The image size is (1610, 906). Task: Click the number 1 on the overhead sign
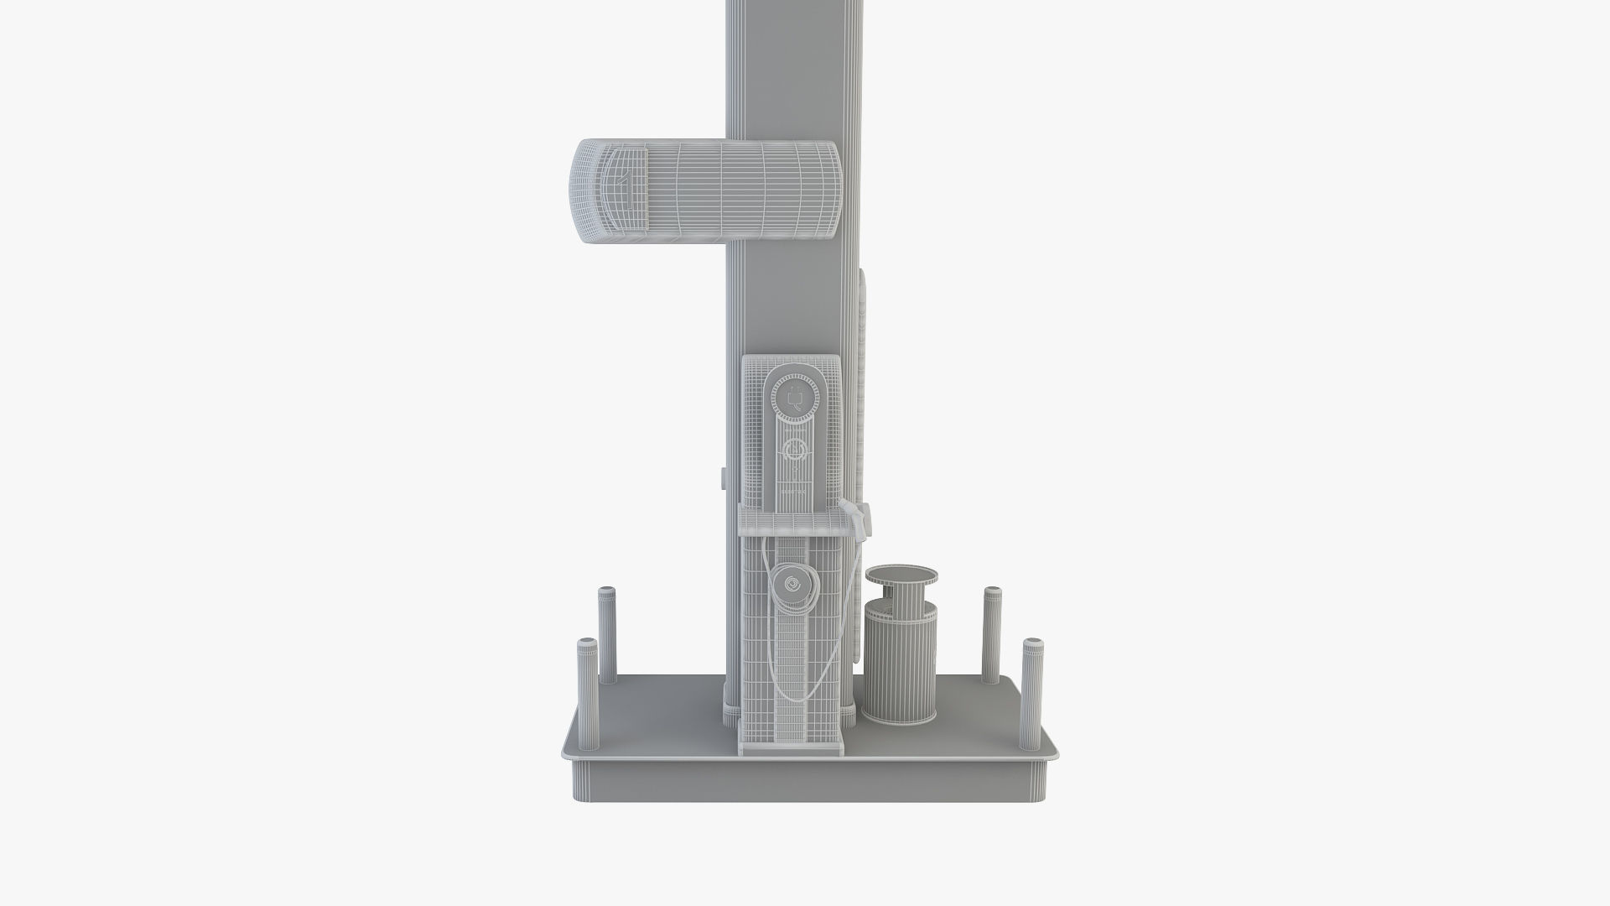623,180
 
